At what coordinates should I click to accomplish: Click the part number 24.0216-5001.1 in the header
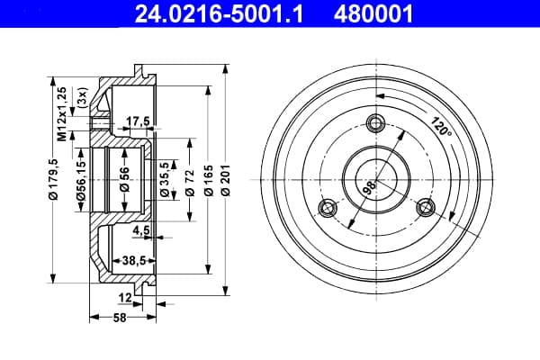219,14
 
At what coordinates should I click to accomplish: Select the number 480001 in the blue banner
373,14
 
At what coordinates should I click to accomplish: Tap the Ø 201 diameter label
226,180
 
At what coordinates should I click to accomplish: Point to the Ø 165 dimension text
209,180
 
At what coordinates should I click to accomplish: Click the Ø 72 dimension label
190,183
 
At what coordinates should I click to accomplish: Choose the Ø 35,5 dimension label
165,179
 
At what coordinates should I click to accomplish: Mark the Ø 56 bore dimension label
124,179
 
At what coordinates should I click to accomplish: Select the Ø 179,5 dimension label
53,179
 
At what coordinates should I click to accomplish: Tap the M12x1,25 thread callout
61,114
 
